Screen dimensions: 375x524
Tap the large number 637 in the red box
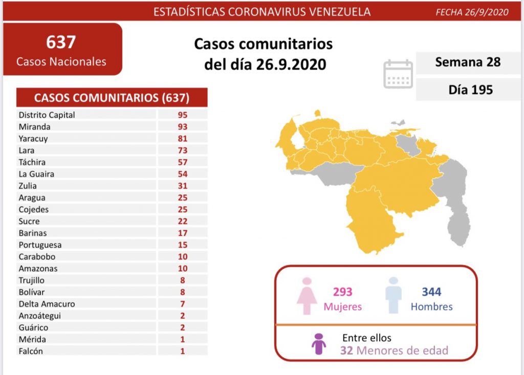click(x=61, y=42)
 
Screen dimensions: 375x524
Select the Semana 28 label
click(x=468, y=62)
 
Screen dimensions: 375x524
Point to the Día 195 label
click(x=470, y=90)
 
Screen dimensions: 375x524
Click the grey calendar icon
click(x=398, y=74)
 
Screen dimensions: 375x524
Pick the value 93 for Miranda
click(x=183, y=127)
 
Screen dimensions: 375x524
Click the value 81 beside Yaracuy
click(x=183, y=139)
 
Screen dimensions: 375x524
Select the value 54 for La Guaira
click(x=183, y=174)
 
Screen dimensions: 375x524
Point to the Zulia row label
click(x=28, y=186)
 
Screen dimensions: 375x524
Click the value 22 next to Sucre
click(x=183, y=222)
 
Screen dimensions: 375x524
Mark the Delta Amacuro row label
click(x=47, y=304)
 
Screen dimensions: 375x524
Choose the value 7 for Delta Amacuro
click(x=183, y=304)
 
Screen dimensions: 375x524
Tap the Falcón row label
click(x=31, y=351)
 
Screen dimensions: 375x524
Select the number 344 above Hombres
click(x=431, y=292)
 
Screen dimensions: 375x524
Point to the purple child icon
click(x=319, y=344)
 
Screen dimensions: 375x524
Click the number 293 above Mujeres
click(x=342, y=292)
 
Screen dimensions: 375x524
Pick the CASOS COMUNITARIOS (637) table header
click(x=112, y=98)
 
